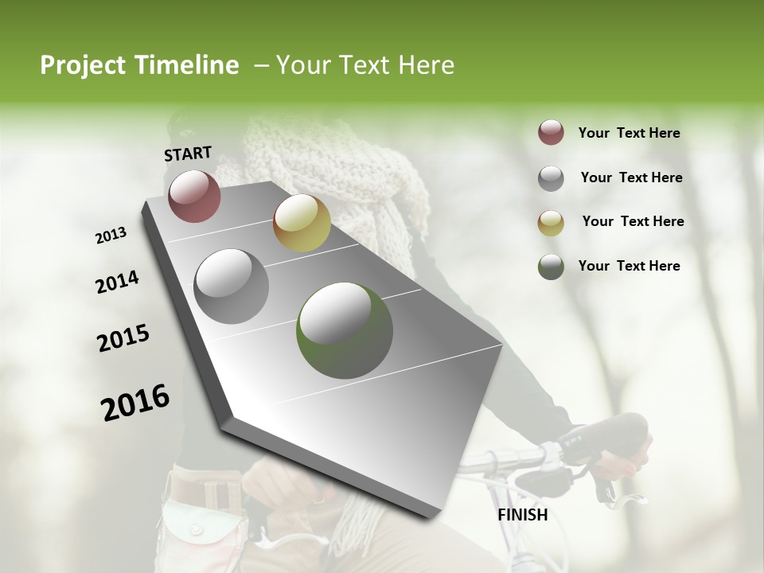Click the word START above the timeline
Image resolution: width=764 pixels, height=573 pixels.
click(x=188, y=154)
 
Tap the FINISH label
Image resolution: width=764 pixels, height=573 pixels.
click(x=523, y=515)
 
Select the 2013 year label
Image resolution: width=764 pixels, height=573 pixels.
click(x=111, y=236)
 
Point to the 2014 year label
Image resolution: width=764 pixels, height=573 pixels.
click(x=117, y=282)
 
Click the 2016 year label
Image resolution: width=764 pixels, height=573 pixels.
click(x=135, y=403)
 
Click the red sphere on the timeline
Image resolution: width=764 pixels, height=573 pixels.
click(x=195, y=196)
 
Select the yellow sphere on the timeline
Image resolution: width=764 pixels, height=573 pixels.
click(x=302, y=223)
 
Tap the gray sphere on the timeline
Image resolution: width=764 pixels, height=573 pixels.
click(x=232, y=286)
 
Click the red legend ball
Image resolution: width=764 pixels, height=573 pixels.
click(x=551, y=133)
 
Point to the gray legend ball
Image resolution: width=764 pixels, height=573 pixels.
click(x=551, y=178)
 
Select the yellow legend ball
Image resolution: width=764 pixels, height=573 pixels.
click(x=551, y=223)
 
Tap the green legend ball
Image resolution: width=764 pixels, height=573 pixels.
click(x=551, y=267)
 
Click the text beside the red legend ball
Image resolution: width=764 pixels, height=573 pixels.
click(x=629, y=133)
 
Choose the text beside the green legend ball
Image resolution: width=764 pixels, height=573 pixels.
click(x=629, y=266)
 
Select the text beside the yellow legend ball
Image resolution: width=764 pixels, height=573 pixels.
click(x=633, y=221)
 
